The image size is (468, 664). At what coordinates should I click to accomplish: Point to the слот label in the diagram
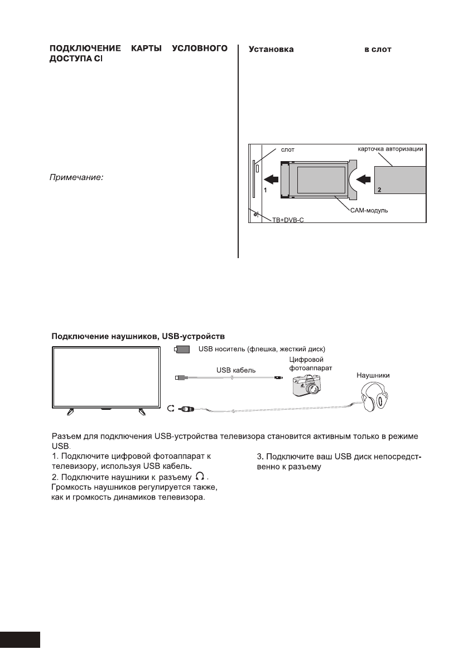[287, 149]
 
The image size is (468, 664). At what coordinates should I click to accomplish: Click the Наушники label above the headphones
[373, 376]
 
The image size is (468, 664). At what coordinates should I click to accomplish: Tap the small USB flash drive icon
[182, 350]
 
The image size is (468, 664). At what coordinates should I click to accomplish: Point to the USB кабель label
[231, 369]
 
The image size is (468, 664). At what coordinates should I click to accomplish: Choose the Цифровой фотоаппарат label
[307, 365]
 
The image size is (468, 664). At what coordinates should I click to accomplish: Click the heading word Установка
[271, 50]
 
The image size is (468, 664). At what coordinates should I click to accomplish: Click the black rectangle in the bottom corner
[20, 639]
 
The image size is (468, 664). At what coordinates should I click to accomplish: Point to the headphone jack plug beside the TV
[186, 409]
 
